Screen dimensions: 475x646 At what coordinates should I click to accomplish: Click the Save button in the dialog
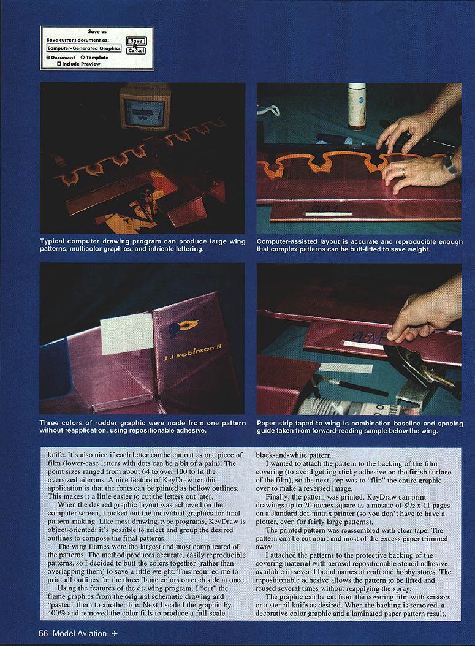click(x=136, y=41)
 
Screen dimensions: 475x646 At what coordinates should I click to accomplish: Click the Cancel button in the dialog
click(x=136, y=51)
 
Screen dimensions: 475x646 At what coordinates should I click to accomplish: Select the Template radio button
click(x=83, y=58)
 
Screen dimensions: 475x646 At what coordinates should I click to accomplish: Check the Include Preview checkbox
click(x=59, y=64)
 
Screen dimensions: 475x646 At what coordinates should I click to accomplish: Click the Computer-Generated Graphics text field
click(x=83, y=48)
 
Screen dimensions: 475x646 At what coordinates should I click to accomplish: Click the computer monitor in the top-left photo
click(x=144, y=106)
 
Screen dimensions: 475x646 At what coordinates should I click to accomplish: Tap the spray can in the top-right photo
click(x=357, y=106)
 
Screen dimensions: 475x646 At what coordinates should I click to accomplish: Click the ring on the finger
click(x=403, y=172)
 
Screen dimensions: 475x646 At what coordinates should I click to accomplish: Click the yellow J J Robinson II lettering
click(x=192, y=352)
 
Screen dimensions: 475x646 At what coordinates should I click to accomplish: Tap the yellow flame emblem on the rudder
click(x=183, y=328)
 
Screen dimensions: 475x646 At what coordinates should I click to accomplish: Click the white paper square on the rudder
click(x=127, y=334)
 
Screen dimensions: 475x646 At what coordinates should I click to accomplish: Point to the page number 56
click(x=44, y=634)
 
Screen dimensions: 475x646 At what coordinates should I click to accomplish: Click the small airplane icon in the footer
click(x=115, y=634)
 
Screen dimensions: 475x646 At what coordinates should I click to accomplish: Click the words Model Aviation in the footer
click(x=80, y=634)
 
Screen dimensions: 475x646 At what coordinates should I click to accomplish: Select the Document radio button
click(x=48, y=58)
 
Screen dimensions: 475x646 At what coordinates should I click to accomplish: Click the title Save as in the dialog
click(x=97, y=31)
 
